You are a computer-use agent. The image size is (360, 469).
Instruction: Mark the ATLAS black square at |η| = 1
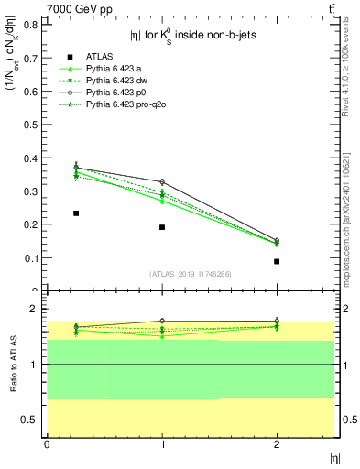[162, 227]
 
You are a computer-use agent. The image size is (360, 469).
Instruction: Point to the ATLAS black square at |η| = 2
[277, 261]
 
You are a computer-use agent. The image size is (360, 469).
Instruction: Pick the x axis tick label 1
[162, 444]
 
